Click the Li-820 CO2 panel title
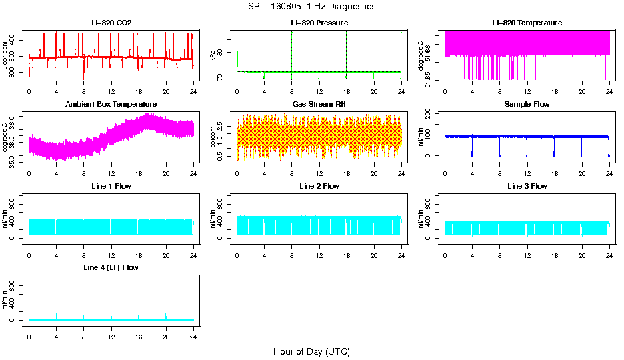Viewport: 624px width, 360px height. (x=111, y=23)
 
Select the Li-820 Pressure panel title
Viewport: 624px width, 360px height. (x=319, y=23)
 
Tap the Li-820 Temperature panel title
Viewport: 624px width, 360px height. (x=527, y=23)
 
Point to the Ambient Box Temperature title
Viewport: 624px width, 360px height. (x=111, y=105)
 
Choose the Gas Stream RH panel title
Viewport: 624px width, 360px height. (x=319, y=105)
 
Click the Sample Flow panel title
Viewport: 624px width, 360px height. (x=527, y=105)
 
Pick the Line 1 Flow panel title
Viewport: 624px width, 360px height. (x=111, y=186)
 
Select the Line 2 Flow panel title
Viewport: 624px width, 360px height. (x=319, y=186)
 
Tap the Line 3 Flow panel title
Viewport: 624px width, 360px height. (x=527, y=186)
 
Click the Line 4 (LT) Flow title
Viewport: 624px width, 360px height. (x=111, y=267)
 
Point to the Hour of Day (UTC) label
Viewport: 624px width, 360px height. (x=311, y=351)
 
